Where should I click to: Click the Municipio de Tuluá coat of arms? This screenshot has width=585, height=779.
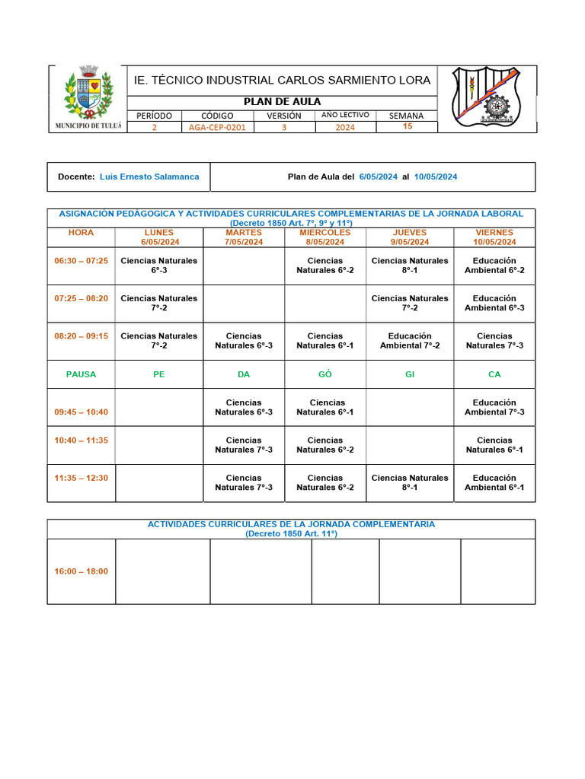(x=88, y=94)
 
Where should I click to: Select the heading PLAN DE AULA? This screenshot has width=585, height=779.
(x=282, y=102)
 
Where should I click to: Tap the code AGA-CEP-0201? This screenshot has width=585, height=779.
(x=217, y=128)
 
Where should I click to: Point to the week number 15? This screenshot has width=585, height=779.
(x=408, y=126)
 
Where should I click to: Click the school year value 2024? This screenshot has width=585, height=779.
(x=345, y=128)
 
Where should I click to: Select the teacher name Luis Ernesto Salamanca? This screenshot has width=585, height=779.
(x=149, y=176)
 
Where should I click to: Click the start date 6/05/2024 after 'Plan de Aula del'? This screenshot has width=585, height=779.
(x=379, y=176)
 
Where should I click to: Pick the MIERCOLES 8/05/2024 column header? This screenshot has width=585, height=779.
(x=325, y=237)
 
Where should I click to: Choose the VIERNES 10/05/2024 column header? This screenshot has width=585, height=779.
(x=494, y=237)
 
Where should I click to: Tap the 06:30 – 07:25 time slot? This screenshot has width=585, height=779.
(x=82, y=261)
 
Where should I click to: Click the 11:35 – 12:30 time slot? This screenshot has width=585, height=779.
(x=82, y=479)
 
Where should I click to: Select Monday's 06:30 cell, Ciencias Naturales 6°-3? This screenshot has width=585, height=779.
(x=159, y=265)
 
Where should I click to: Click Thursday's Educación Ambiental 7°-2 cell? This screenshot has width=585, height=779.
(x=410, y=341)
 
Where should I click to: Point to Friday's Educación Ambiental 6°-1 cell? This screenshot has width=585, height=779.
(x=494, y=483)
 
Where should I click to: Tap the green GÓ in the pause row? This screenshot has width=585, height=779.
(x=325, y=374)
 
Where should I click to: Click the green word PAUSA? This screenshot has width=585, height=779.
(x=82, y=374)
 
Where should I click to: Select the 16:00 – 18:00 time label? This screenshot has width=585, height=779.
(x=82, y=571)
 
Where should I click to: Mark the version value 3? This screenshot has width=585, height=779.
(x=284, y=128)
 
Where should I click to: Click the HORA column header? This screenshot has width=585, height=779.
(x=82, y=233)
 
